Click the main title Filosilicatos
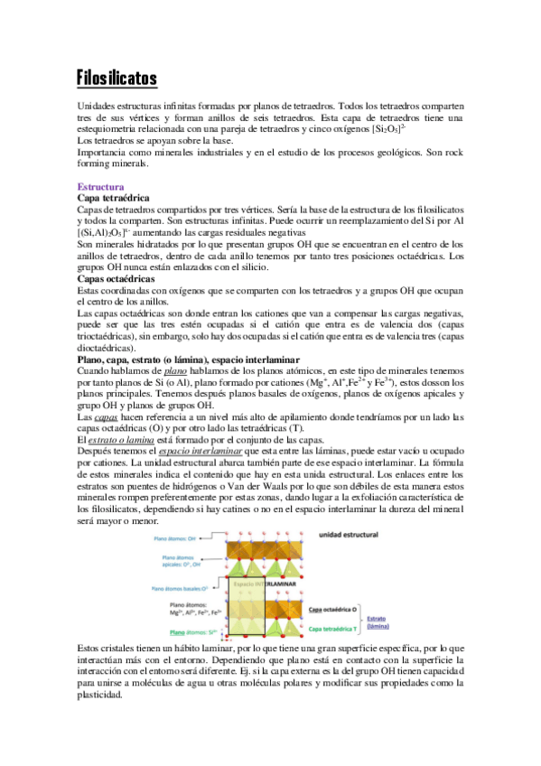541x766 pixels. pyautogui.click(x=117, y=79)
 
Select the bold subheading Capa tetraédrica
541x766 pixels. pyautogui.click(x=114, y=197)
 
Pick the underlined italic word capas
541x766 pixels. pyautogui.click(x=106, y=417)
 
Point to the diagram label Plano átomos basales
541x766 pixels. pyautogui.click(x=186, y=588)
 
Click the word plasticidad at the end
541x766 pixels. pyautogui.click(x=106, y=696)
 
